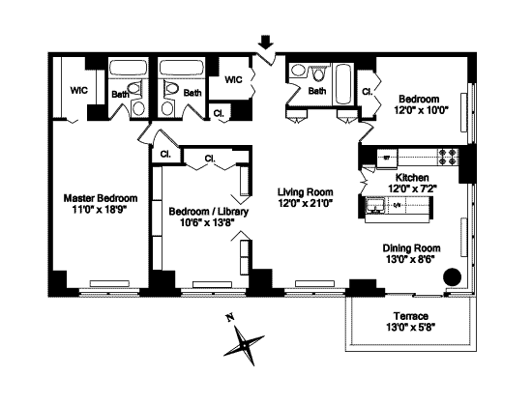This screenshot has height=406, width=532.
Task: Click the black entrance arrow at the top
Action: [265, 43]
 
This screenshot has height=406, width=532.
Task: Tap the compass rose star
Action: [244, 345]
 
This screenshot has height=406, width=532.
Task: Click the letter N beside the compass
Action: [230, 318]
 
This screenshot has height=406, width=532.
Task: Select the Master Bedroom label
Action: [101, 198]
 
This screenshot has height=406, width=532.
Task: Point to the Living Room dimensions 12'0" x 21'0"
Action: [305, 203]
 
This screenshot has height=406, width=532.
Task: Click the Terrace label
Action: [411, 316]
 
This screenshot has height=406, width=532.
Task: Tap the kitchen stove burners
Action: [447, 157]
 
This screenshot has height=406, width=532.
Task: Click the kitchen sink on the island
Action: [374, 206]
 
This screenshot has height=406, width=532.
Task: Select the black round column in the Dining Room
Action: [453, 276]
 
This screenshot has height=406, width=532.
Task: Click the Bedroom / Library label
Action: [209, 212]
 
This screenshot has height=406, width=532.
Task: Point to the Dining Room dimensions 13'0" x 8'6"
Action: [411, 259]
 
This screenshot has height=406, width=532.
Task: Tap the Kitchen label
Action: [412, 178]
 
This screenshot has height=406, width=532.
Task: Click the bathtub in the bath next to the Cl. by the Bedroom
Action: [343, 84]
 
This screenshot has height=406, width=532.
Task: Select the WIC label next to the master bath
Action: [79, 91]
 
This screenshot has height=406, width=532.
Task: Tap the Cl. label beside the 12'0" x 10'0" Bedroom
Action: [367, 92]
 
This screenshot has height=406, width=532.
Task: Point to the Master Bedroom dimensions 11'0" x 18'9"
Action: [99, 210]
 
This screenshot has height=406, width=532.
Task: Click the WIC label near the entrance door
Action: [234, 79]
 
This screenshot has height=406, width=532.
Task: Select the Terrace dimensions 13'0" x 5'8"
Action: [410, 328]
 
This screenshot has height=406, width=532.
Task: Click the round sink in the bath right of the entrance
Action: [299, 71]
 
